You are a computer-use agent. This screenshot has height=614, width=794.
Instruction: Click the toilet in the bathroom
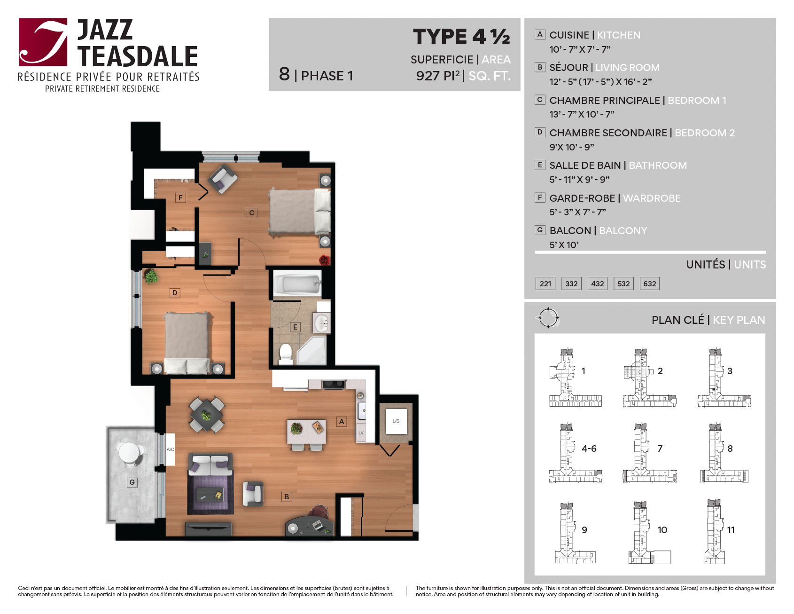click(x=286, y=354)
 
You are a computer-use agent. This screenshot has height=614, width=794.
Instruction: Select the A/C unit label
click(x=170, y=449)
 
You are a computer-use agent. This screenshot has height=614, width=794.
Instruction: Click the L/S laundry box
click(x=396, y=421)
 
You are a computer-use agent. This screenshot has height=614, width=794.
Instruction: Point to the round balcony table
click(x=129, y=452)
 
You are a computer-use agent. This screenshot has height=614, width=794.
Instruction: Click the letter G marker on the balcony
click(x=132, y=482)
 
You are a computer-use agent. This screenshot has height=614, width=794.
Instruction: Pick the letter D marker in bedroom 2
click(x=175, y=293)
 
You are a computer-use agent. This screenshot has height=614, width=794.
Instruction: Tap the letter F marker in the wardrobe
click(x=180, y=198)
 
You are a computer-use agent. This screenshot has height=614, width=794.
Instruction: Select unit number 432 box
click(x=598, y=283)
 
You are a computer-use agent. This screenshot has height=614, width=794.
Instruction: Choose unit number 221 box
click(x=545, y=283)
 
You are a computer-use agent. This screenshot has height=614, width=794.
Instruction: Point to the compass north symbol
click(x=548, y=318)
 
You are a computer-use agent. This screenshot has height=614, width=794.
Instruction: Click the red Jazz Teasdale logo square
click(x=43, y=42)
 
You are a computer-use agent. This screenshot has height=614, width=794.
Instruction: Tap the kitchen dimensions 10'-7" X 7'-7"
click(x=580, y=49)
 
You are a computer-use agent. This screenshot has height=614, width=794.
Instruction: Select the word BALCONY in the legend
click(x=623, y=231)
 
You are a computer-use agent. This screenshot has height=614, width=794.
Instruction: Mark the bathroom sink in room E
click(x=322, y=323)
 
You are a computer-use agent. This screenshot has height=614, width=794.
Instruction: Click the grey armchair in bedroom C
click(x=223, y=178)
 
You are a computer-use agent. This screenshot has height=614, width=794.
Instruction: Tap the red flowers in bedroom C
click(x=325, y=260)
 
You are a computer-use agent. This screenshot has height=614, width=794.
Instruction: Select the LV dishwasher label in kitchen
click(x=361, y=433)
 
